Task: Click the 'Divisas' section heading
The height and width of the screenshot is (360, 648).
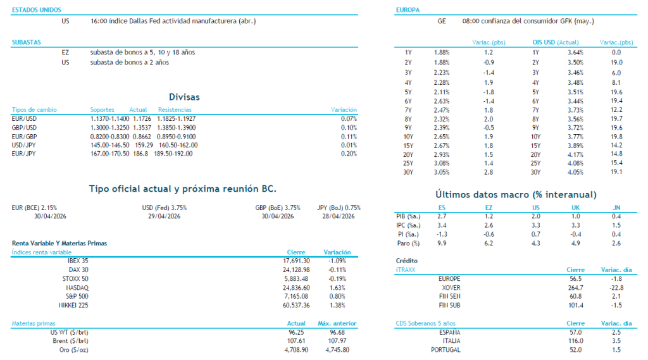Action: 184,97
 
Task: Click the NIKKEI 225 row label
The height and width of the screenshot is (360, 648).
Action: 74,305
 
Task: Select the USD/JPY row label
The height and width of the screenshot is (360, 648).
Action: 24,145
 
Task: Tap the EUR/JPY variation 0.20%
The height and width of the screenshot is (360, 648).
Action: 348,154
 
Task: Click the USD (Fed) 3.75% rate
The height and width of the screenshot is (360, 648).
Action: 164,207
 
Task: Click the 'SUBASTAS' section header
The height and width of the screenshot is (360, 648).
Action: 26,42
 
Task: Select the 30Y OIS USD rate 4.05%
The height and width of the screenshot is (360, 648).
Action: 575,172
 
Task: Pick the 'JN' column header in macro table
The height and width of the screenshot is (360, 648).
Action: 616,207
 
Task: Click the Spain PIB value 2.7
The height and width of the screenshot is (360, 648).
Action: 442,216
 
